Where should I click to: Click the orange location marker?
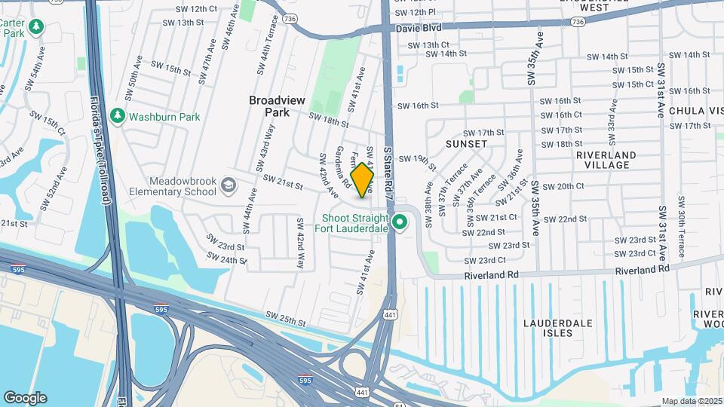tap(363, 180)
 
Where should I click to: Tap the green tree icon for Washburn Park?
tap(117, 116)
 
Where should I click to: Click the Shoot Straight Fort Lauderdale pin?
tap(400, 222)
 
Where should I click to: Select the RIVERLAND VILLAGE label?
tap(606, 160)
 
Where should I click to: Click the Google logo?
tap(25, 397)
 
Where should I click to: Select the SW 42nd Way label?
tap(300, 250)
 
